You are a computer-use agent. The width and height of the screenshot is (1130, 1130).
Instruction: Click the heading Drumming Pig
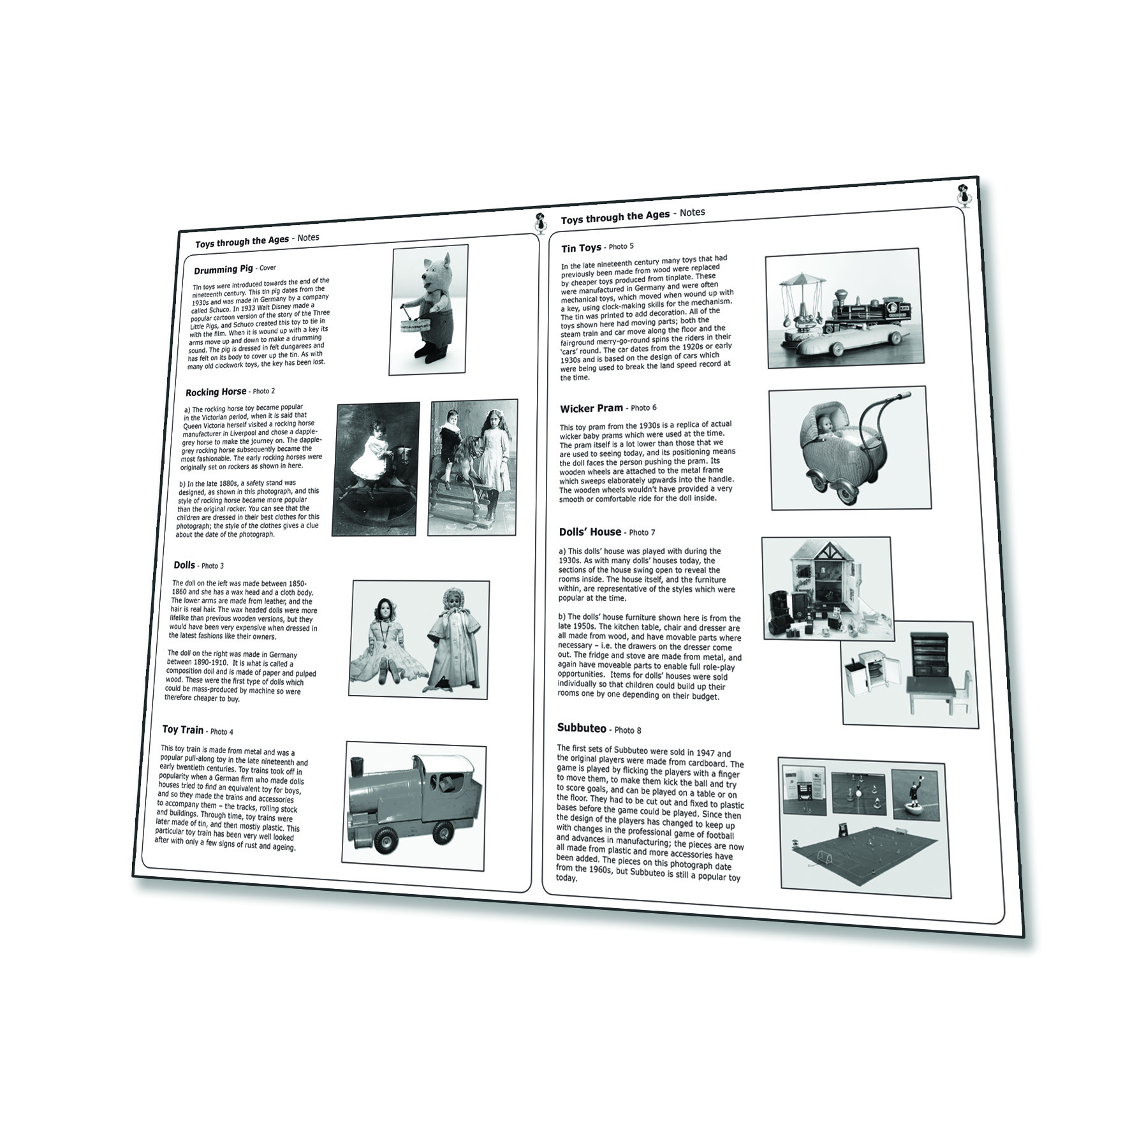[223, 269]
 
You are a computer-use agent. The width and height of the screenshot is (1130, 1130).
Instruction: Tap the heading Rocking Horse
[216, 392]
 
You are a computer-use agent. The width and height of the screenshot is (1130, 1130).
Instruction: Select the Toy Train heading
[183, 730]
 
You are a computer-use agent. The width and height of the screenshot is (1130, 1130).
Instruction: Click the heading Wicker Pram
[591, 409]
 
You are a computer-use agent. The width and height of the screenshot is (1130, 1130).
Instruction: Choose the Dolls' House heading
[591, 532]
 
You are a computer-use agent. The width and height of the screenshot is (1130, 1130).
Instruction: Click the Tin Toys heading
[582, 247]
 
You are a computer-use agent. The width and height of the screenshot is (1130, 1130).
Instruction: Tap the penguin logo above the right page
[965, 196]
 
